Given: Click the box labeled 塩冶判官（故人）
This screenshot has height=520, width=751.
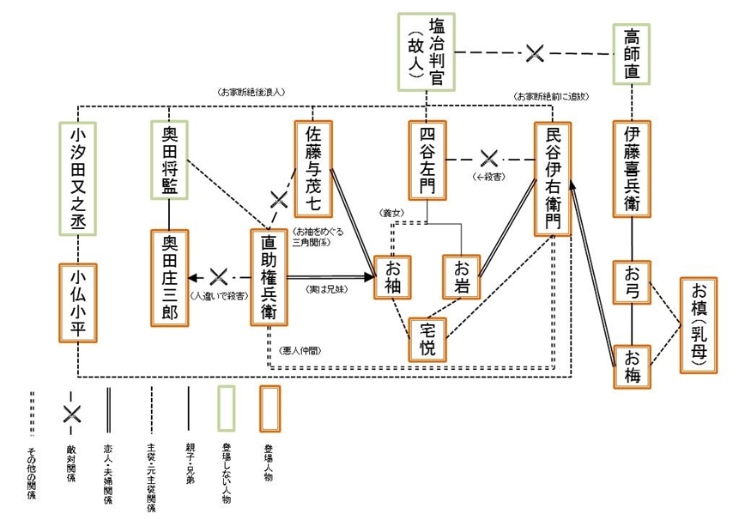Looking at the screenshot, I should point(426,51).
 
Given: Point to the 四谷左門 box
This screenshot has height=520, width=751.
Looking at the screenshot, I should point(428,159).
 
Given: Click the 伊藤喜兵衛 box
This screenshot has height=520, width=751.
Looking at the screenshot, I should point(632,169).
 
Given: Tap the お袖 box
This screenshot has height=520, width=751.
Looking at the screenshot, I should point(393,276).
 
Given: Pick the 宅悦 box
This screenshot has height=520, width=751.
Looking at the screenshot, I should point(427,338).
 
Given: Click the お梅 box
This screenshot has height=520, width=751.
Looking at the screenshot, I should point(632,364).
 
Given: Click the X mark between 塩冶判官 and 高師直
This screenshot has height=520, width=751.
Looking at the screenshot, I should point(534,53).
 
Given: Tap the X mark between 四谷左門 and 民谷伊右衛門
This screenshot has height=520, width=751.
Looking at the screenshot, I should point(489,159).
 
